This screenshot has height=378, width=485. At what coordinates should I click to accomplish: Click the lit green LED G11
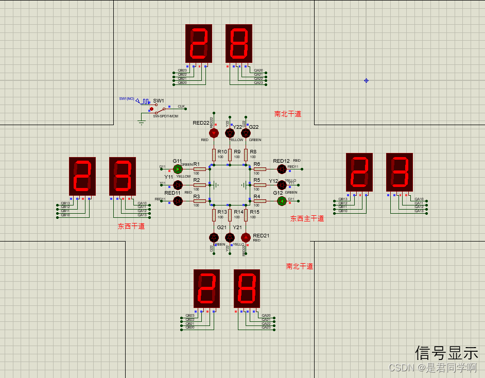pyautogui.click(x=178, y=169)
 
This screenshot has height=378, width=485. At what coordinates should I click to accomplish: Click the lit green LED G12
pyautogui.click(x=282, y=201)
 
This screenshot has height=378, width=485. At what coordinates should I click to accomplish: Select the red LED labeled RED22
pyautogui.click(x=214, y=133)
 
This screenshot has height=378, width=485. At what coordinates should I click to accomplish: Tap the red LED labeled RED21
pyautogui.click(x=246, y=237)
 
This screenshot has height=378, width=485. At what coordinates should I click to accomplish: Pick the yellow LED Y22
pyautogui.click(x=230, y=133)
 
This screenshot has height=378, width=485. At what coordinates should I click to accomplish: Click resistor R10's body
pyautogui.click(x=214, y=154)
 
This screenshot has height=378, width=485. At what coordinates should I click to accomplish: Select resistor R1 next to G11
pyautogui.click(x=199, y=169)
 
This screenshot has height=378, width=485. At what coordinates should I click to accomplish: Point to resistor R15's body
pyautogui.click(x=246, y=215)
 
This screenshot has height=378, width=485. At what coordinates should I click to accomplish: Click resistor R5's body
pyautogui.click(x=259, y=185)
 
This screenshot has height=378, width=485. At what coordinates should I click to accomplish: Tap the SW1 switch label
pyautogui.click(x=159, y=100)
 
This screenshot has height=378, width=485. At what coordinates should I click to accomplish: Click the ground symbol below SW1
pyautogui.click(x=142, y=122)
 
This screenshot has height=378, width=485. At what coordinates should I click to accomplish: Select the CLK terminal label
pyautogui.click(x=181, y=106)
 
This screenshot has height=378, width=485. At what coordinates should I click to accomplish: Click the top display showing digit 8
pyautogui.click(x=239, y=43)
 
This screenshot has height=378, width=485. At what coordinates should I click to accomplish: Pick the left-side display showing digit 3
pyautogui.click(x=123, y=176)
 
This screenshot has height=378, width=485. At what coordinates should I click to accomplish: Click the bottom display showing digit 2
pyautogui.click(x=207, y=288)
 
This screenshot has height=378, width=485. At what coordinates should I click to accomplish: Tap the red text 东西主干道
pyautogui.click(x=307, y=218)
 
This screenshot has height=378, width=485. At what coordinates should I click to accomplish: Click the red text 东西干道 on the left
pyautogui.click(x=131, y=226)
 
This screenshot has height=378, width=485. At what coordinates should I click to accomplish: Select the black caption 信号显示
pyautogui.click(x=446, y=353)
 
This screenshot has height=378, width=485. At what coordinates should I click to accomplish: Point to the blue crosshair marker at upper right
pyautogui.click(x=366, y=80)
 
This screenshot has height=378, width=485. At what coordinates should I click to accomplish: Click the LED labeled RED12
pyautogui.click(x=282, y=169)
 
